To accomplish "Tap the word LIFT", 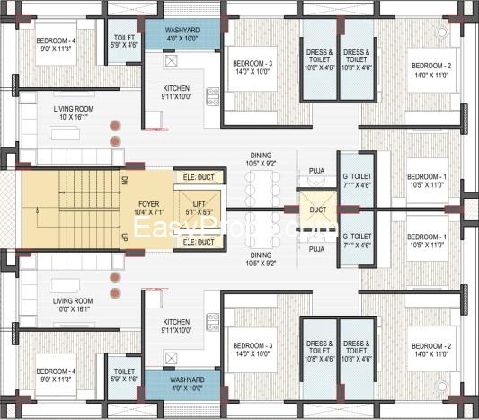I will [x=199, y=204].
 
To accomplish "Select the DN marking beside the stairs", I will [x=124, y=180].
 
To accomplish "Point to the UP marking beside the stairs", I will [x=124, y=237].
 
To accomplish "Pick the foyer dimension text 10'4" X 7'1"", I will [x=150, y=213].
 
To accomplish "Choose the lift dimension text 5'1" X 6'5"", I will [x=199, y=213].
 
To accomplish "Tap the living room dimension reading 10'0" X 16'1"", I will [x=73, y=308].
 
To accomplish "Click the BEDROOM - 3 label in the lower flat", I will [x=251, y=345].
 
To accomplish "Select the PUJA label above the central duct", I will [x=316, y=168].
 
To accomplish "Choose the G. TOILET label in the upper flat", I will [x=356, y=177].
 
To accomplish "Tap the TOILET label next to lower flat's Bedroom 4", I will [x=122, y=371].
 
